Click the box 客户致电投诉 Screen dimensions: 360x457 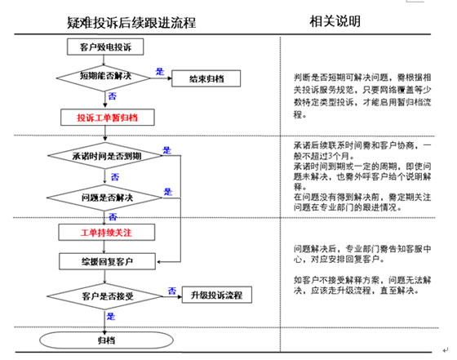104,47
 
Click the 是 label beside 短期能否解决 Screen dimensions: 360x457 160,71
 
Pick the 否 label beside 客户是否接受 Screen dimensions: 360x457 171,288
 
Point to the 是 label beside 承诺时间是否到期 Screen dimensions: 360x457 167,149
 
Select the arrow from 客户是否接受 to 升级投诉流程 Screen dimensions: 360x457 174,295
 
